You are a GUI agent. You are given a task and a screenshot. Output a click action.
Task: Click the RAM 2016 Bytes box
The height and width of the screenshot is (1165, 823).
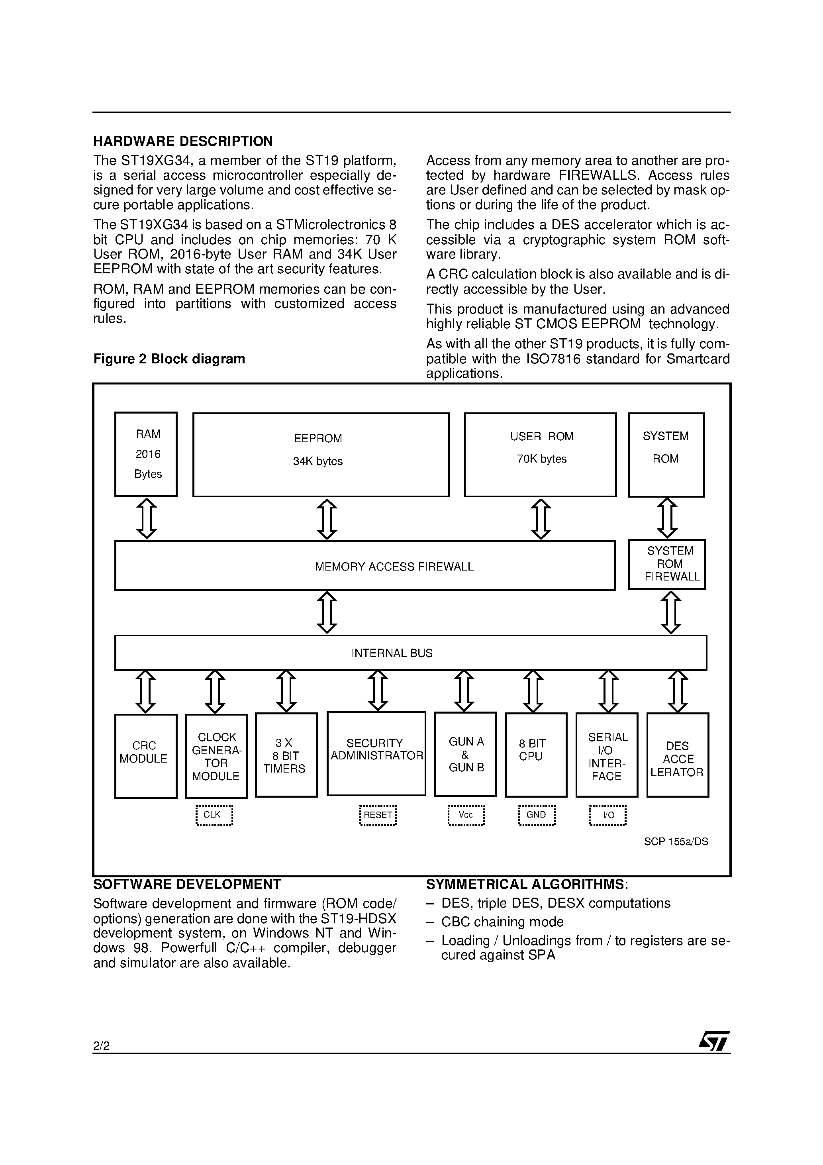click(x=146, y=454)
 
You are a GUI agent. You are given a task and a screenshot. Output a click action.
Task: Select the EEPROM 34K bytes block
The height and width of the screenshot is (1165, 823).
click(x=321, y=454)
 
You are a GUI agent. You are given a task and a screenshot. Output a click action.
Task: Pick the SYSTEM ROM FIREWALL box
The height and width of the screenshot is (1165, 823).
click(x=667, y=564)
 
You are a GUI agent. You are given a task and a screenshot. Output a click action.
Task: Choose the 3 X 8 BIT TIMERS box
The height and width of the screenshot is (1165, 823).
click(x=286, y=755)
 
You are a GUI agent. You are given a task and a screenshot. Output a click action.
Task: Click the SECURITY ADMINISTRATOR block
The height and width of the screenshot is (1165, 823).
click(x=376, y=753)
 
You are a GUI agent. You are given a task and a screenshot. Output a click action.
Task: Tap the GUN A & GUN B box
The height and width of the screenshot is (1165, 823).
click(x=465, y=754)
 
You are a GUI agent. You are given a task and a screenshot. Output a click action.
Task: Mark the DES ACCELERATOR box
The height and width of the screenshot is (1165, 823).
click(x=677, y=755)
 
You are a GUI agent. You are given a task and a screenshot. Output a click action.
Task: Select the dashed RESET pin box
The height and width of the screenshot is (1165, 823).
click(x=378, y=815)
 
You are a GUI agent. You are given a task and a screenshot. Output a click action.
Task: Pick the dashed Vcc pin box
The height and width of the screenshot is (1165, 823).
click(x=466, y=815)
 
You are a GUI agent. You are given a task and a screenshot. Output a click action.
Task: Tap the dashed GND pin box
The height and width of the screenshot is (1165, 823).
click(x=536, y=815)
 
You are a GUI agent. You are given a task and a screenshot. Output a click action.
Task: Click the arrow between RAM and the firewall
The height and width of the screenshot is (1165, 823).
click(x=147, y=518)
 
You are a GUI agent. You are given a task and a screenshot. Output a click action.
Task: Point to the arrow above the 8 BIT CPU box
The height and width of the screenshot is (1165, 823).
click(x=533, y=691)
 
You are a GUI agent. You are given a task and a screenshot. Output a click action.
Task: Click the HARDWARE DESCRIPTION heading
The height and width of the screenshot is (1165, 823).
click(x=183, y=141)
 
